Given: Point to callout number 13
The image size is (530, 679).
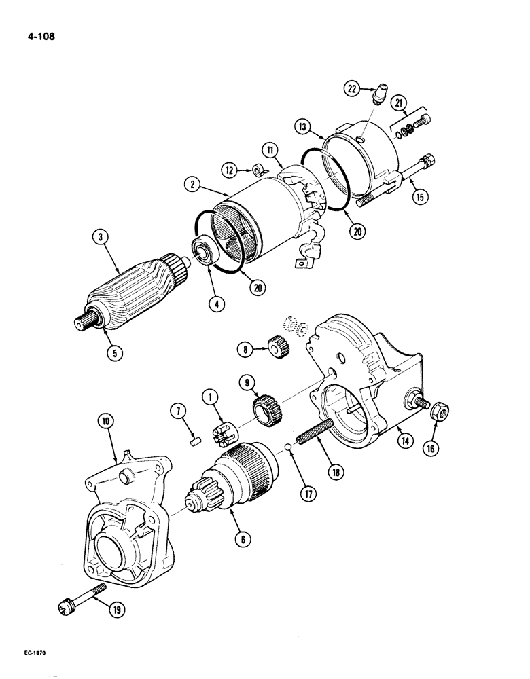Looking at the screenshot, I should click(303, 126).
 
